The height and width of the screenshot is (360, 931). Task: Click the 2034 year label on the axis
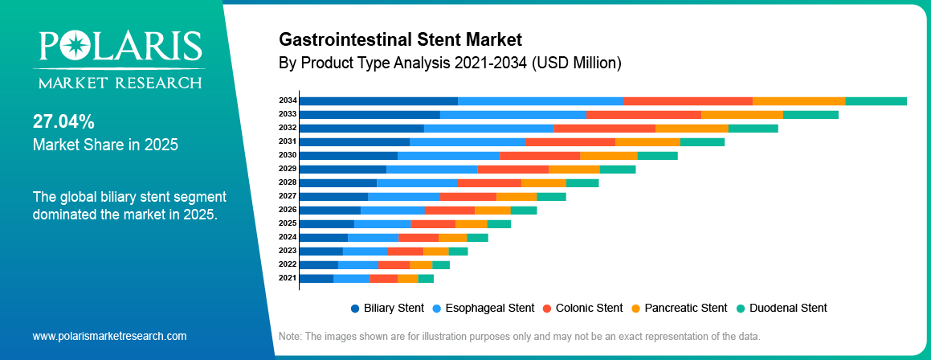pos(288,100)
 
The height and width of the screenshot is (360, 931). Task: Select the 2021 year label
pos(288,278)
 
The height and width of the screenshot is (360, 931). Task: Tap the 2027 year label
pos(288,196)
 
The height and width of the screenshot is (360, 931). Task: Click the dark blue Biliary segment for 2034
pos(378,100)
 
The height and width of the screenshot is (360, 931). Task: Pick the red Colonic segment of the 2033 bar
pos(643,114)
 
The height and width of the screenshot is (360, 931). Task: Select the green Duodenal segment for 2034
pos(876,100)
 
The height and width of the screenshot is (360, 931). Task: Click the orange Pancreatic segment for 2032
pos(692,128)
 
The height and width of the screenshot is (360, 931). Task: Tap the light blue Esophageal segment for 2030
pos(448,155)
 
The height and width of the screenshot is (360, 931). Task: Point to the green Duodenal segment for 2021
pos(426,278)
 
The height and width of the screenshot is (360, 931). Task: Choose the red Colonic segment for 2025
pos(433,223)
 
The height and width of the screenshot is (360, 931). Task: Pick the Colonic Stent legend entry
pos(582,308)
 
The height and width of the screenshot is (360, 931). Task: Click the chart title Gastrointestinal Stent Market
pos(400,39)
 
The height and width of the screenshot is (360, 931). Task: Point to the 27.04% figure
pos(63,122)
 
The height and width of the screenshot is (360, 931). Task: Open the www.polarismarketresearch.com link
pos(109,336)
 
